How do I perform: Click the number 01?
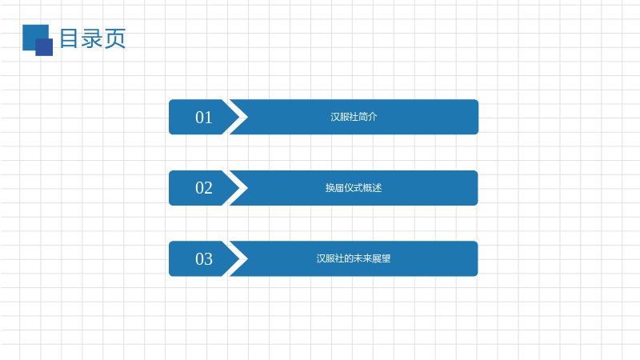[x=204, y=118]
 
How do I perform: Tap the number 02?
[x=204, y=188]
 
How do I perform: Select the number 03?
[x=204, y=258]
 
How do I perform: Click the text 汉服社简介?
[x=354, y=117]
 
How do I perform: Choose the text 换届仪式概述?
[x=354, y=188]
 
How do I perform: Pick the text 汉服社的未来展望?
[x=354, y=258]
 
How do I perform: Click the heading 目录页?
[x=93, y=38]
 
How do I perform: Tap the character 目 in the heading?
[x=69, y=38]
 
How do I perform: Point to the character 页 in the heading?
[x=115, y=39]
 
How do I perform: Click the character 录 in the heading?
[x=92, y=38]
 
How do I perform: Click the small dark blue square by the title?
[x=44, y=47]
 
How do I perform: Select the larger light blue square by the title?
[x=35, y=38]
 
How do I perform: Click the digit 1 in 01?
[x=208, y=118]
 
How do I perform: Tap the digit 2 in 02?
[x=208, y=188]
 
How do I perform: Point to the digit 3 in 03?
[x=208, y=259]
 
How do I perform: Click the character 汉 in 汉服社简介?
[x=335, y=117]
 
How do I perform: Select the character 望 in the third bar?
[x=386, y=258]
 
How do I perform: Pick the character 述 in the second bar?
[x=378, y=188]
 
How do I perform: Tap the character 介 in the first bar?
[x=373, y=117]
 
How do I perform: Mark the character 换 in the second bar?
[x=330, y=188]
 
